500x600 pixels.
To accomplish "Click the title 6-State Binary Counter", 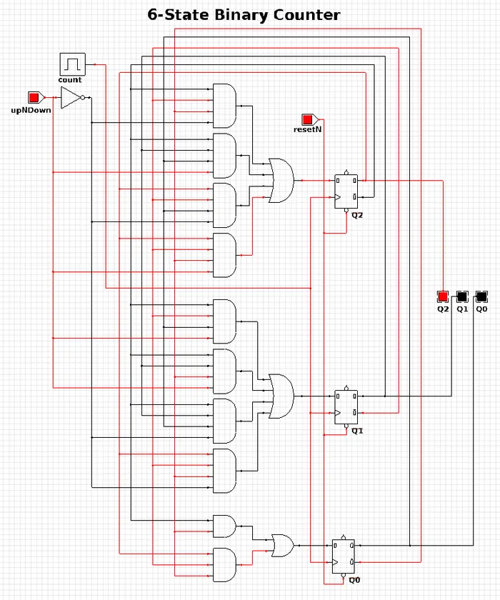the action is coord(244,15).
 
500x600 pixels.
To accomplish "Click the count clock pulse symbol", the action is coord(73,64).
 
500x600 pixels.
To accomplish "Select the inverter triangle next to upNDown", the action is coord(71,98).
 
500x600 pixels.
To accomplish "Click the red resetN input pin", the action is coord(309,120).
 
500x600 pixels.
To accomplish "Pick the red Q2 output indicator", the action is coord(443,296).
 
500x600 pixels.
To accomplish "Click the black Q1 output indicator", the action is coord(462,296).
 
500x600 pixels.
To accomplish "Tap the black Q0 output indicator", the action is coord(481,296).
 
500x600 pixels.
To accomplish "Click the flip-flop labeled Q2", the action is coord(346,191).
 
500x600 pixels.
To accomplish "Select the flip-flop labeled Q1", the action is coord(346,406).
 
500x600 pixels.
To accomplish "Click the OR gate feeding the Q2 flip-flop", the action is coord(281,180).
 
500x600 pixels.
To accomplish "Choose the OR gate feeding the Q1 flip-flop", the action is coord(281,396).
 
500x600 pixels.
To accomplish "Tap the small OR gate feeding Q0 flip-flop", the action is coord(283,546).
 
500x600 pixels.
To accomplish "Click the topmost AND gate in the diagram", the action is coord(224,106).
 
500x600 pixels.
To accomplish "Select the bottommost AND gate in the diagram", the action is coord(224,565).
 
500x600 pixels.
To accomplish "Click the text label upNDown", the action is coord(31,110).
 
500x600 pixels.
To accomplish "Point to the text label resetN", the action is coord(308,129).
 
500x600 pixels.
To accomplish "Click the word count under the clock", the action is coord(69,80).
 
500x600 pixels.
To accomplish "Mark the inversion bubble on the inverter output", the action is coord(83,98).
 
